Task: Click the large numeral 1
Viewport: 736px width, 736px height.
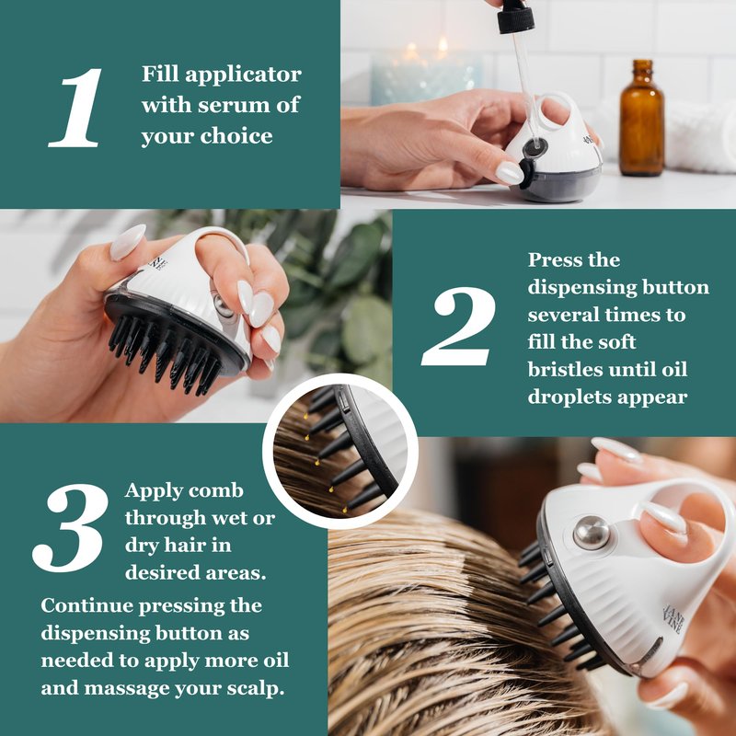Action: pyautogui.click(x=76, y=108)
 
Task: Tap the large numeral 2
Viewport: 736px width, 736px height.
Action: pyautogui.click(x=458, y=327)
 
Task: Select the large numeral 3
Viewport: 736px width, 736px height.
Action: pyautogui.click(x=71, y=527)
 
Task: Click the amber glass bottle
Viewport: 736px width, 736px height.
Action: pyautogui.click(x=641, y=119)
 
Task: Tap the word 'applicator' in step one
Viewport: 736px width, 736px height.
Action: pyautogui.click(x=243, y=75)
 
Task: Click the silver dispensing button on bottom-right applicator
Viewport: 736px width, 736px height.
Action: pyautogui.click(x=591, y=533)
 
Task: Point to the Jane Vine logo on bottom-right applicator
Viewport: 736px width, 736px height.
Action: pyautogui.click(x=673, y=617)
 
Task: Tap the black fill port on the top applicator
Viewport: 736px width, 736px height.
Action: pyautogui.click(x=535, y=147)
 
